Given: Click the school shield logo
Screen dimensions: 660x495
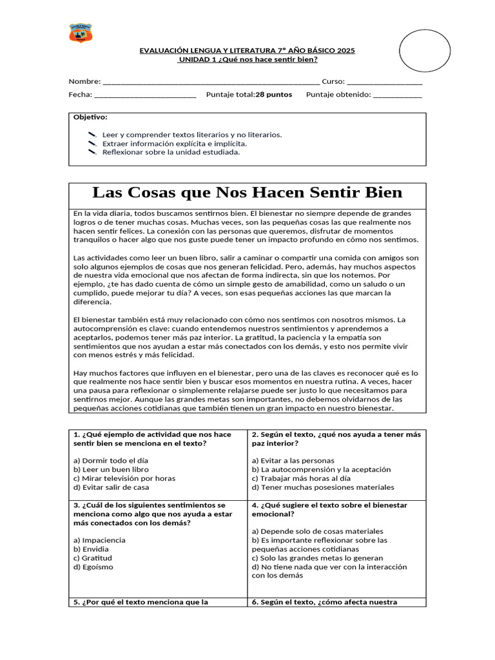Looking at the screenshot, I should pos(81,33).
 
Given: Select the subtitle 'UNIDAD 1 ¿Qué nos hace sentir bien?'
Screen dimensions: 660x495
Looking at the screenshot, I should pos(247,59).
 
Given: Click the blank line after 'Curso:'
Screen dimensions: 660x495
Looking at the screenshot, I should pos(385,82).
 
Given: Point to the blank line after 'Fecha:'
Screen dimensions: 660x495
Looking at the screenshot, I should pos(146,95).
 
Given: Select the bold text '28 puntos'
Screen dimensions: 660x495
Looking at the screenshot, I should pos(274,95).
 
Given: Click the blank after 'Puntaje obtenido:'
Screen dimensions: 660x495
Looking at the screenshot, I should pos(398,95).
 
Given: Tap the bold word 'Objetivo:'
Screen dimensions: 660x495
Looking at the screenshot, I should pos(91,117).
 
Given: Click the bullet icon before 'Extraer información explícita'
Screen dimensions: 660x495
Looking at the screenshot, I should pos(92,144).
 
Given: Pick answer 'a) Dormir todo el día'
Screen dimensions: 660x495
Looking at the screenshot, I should pos(111,461).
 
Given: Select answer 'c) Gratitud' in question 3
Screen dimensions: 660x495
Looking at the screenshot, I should pos(93,558).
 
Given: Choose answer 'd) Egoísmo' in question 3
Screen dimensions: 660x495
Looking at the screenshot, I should pos(93,567).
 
